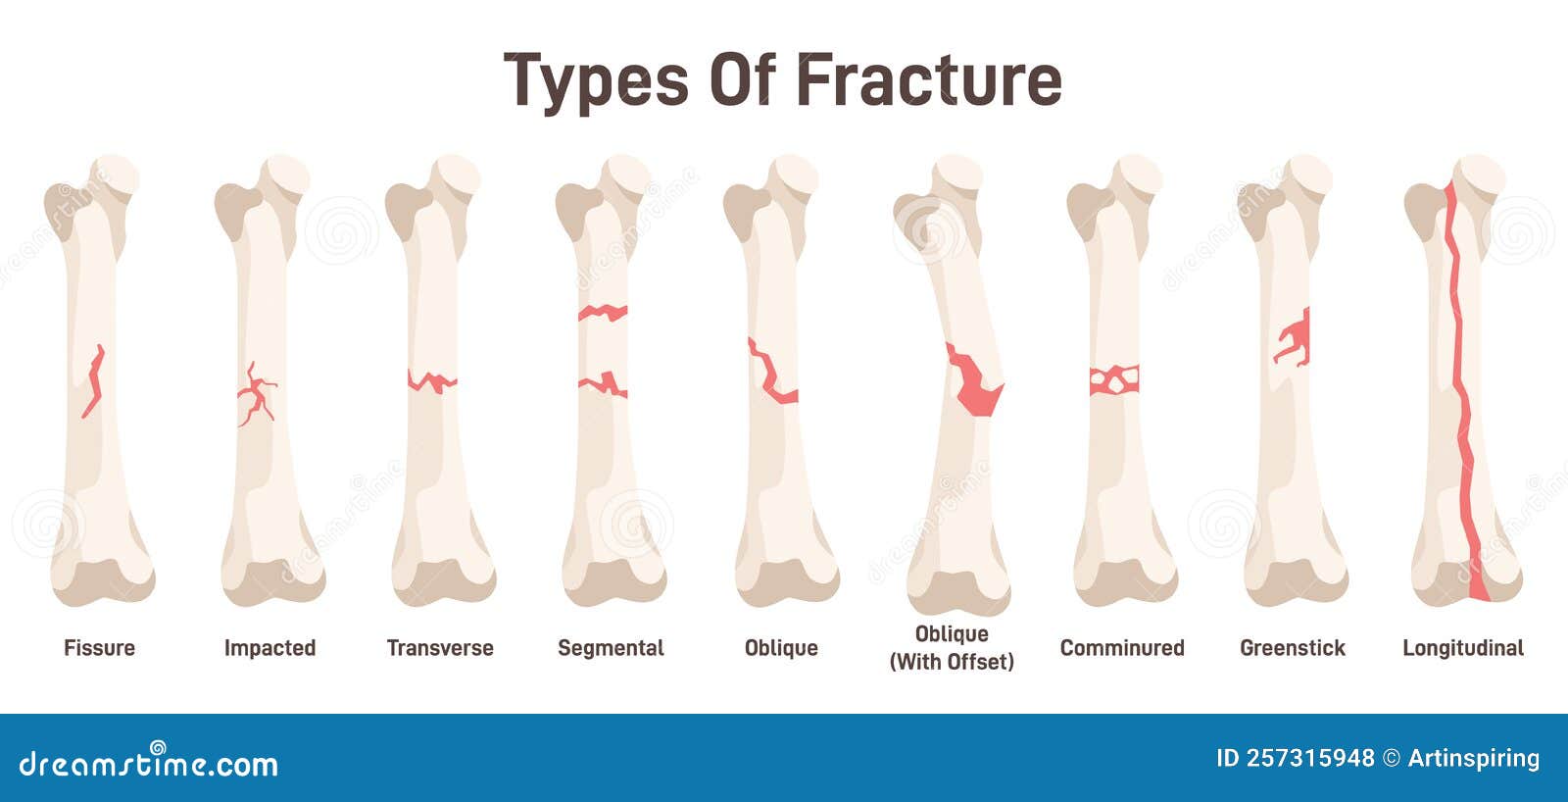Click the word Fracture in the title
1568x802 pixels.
click(x=929, y=79)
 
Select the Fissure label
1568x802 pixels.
click(x=99, y=648)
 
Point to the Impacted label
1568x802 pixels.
click(x=269, y=648)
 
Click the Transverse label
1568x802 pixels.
click(x=440, y=648)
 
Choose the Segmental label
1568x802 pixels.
click(x=612, y=648)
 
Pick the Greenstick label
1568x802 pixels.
click(x=1293, y=648)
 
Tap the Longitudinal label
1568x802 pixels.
click(x=1463, y=648)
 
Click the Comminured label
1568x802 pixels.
click(x=1122, y=648)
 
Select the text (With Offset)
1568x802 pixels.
click(x=952, y=662)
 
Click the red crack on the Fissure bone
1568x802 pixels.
click(x=94, y=381)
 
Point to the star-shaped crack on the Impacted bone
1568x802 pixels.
click(x=256, y=394)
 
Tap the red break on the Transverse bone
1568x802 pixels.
click(x=432, y=382)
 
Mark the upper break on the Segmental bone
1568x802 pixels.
click(x=603, y=313)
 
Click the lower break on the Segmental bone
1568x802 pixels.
click(x=603, y=384)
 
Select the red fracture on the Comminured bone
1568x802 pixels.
click(x=1114, y=380)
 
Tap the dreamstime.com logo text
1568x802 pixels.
click(x=148, y=762)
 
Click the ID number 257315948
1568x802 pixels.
click(x=1295, y=758)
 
